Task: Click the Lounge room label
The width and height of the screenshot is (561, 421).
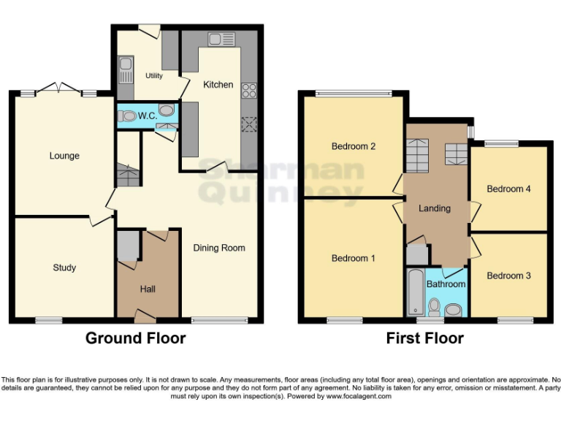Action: pos(64,156)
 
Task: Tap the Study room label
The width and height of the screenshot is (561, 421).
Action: pos(64,268)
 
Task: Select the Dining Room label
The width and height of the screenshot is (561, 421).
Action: pos(219,248)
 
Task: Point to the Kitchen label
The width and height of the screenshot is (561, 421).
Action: pos(218,85)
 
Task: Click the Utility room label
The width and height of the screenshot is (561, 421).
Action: pos(153,76)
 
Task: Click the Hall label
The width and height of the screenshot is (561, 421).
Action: pos(148,289)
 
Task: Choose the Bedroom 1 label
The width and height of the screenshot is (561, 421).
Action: pos(354,258)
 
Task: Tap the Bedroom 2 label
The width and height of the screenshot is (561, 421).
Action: pos(354,146)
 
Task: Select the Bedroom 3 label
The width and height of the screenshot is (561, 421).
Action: pos(509,276)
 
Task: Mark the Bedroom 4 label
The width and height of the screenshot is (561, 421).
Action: pos(508,189)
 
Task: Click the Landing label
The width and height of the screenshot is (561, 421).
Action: pos(434,208)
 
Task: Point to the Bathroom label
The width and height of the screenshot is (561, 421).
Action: pos(446,284)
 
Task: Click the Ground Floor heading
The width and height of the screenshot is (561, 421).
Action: pos(135,338)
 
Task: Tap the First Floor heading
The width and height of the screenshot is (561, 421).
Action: pos(424,338)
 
